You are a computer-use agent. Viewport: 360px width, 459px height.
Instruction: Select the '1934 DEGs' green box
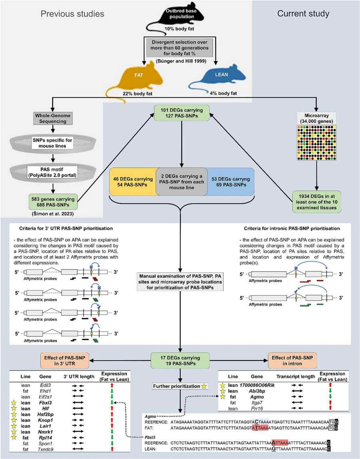tap(316, 199)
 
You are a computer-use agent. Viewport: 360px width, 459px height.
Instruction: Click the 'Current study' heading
tap(303, 14)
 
